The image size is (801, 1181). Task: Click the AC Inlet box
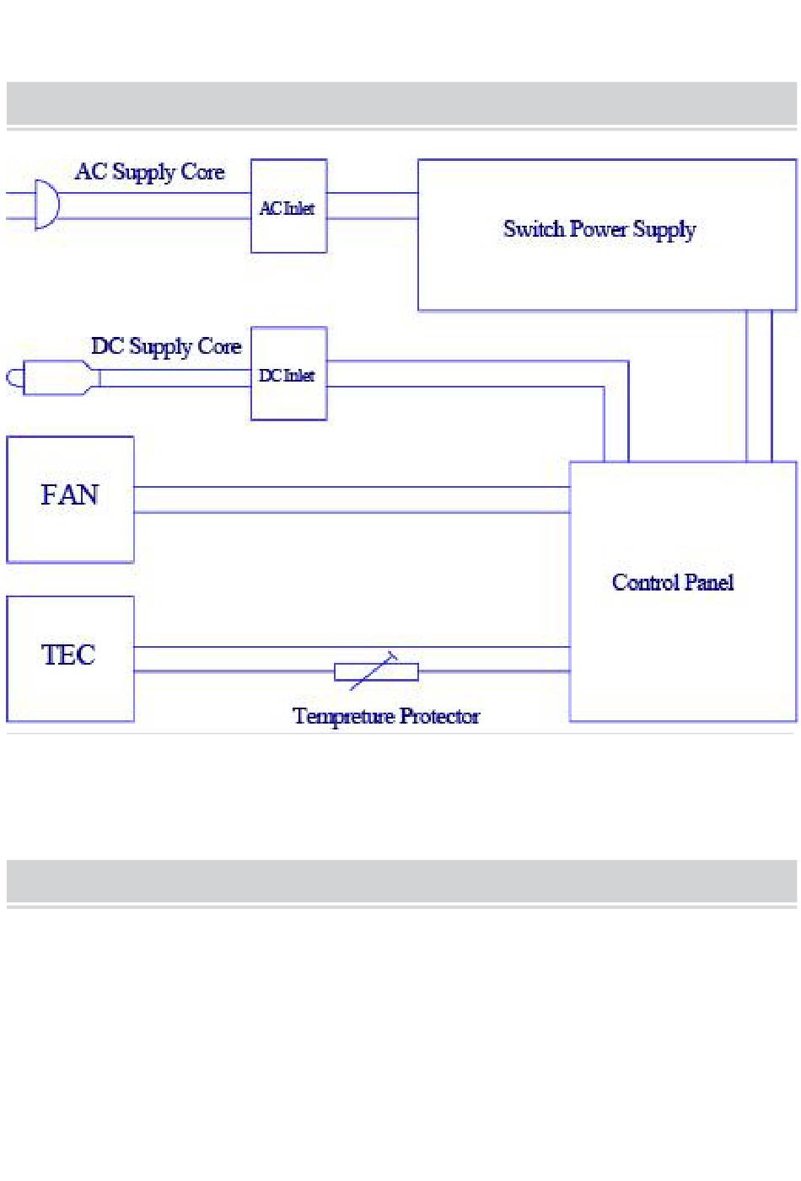click(x=288, y=206)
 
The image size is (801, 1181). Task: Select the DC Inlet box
click(x=288, y=374)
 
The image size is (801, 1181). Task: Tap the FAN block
click(x=70, y=499)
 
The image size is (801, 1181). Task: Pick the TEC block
click(x=70, y=659)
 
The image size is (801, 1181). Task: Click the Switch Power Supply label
click(x=599, y=229)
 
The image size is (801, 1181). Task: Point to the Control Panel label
click(x=673, y=582)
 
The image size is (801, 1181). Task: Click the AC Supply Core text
click(x=150, y=172)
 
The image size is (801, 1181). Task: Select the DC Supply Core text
click(x=166, y=346)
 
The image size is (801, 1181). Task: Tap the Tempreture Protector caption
click(x=386, y=716)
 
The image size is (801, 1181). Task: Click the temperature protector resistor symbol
click(x=376, y=671)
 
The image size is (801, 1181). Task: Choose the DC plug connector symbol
click(x=56, y=377)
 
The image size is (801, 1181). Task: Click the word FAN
click(x=70, y=494)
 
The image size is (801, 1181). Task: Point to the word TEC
click(x=68, y=655)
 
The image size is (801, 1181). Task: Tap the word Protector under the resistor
click(x=439, y=716)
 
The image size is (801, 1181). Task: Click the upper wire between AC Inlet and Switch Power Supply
click(x=372, y=193)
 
